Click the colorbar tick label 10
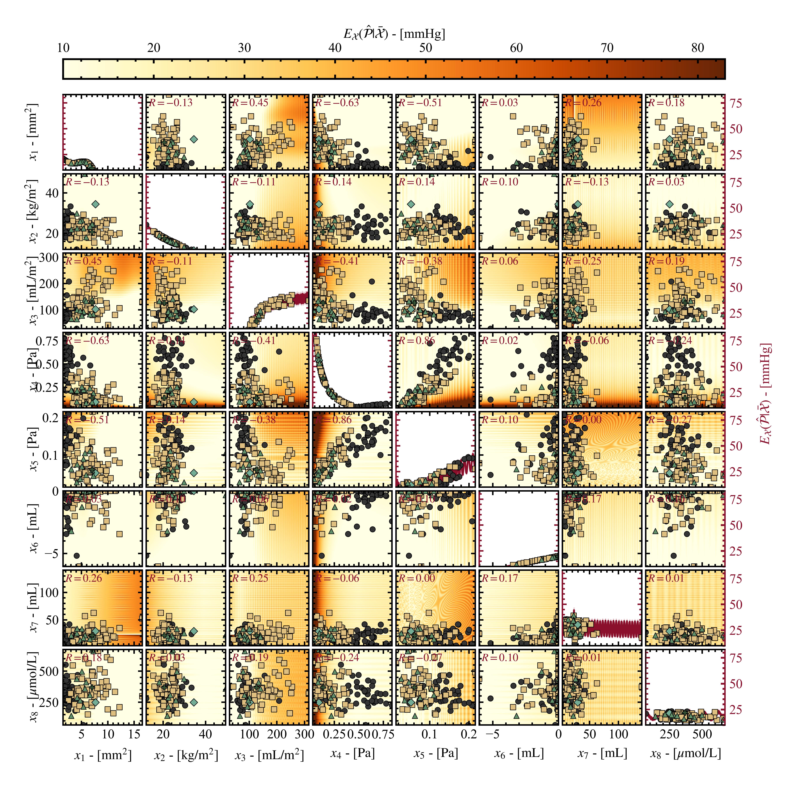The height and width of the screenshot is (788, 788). click(x=63, y=48)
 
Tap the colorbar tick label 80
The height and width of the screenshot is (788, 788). click(x=698, y=48)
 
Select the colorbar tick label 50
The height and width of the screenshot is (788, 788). click(x=425, y=48)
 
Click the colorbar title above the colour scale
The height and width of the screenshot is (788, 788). click(x=394, y=34)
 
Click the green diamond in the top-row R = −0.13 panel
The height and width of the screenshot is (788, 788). click(x=194, y=139)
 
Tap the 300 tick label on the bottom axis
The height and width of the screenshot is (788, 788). click(x=304, y=734)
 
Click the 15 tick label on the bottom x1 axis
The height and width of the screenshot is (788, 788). click(x=134, y=734)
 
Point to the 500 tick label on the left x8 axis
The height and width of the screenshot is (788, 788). click(x=49, y=671)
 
